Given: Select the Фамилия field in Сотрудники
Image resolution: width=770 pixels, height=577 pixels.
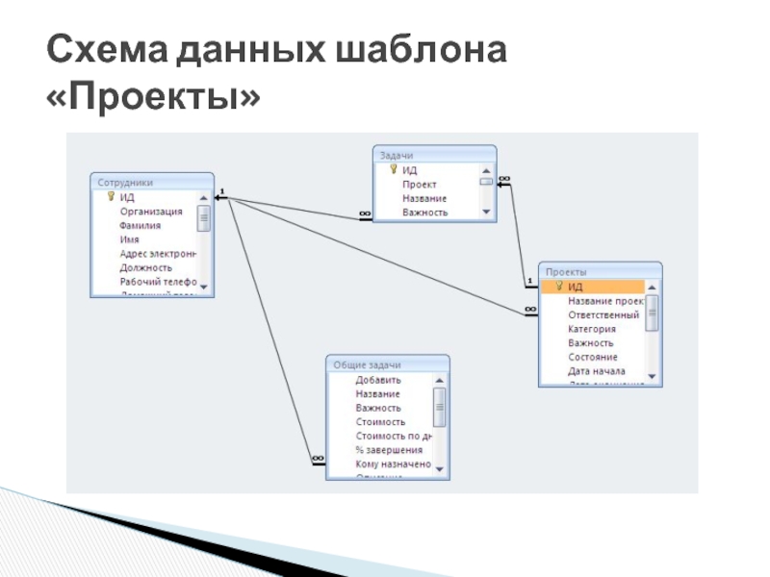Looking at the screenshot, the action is [x=141, y=225].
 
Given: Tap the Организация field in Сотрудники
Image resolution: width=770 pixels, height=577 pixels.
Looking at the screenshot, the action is [x=151, y=211].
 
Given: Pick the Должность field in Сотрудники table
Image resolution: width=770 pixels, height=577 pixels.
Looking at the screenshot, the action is [x=146, y=267].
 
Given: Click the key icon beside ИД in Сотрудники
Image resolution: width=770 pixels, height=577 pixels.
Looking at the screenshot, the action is [x=111, y=197].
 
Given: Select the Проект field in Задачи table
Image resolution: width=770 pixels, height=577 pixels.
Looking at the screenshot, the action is [x=420, y=184].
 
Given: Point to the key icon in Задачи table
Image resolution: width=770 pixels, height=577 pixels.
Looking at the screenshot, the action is [x=393, y=169].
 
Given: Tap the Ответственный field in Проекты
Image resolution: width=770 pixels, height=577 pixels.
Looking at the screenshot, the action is [x=603, y=314].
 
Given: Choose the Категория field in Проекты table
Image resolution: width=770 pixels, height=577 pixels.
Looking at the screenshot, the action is [x=592, y=329].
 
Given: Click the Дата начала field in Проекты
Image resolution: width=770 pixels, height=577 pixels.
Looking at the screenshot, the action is [x=597, y=371].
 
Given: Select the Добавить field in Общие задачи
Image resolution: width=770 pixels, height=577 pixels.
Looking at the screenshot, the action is [x=378, y=380].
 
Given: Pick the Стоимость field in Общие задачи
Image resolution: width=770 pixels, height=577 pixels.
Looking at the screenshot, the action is [x=380, y=421].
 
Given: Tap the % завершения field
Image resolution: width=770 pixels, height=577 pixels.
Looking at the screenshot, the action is [x=389, y=450].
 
